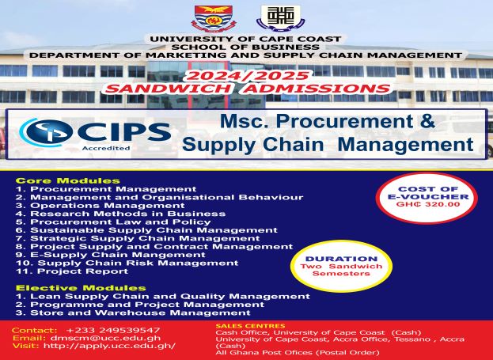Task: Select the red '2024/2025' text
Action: pos(245,75)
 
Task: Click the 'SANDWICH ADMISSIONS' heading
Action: pos(246,89)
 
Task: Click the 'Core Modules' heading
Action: pos(68,180)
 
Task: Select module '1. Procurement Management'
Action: pos(106,189)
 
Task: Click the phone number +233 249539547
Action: pos(113,330)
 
